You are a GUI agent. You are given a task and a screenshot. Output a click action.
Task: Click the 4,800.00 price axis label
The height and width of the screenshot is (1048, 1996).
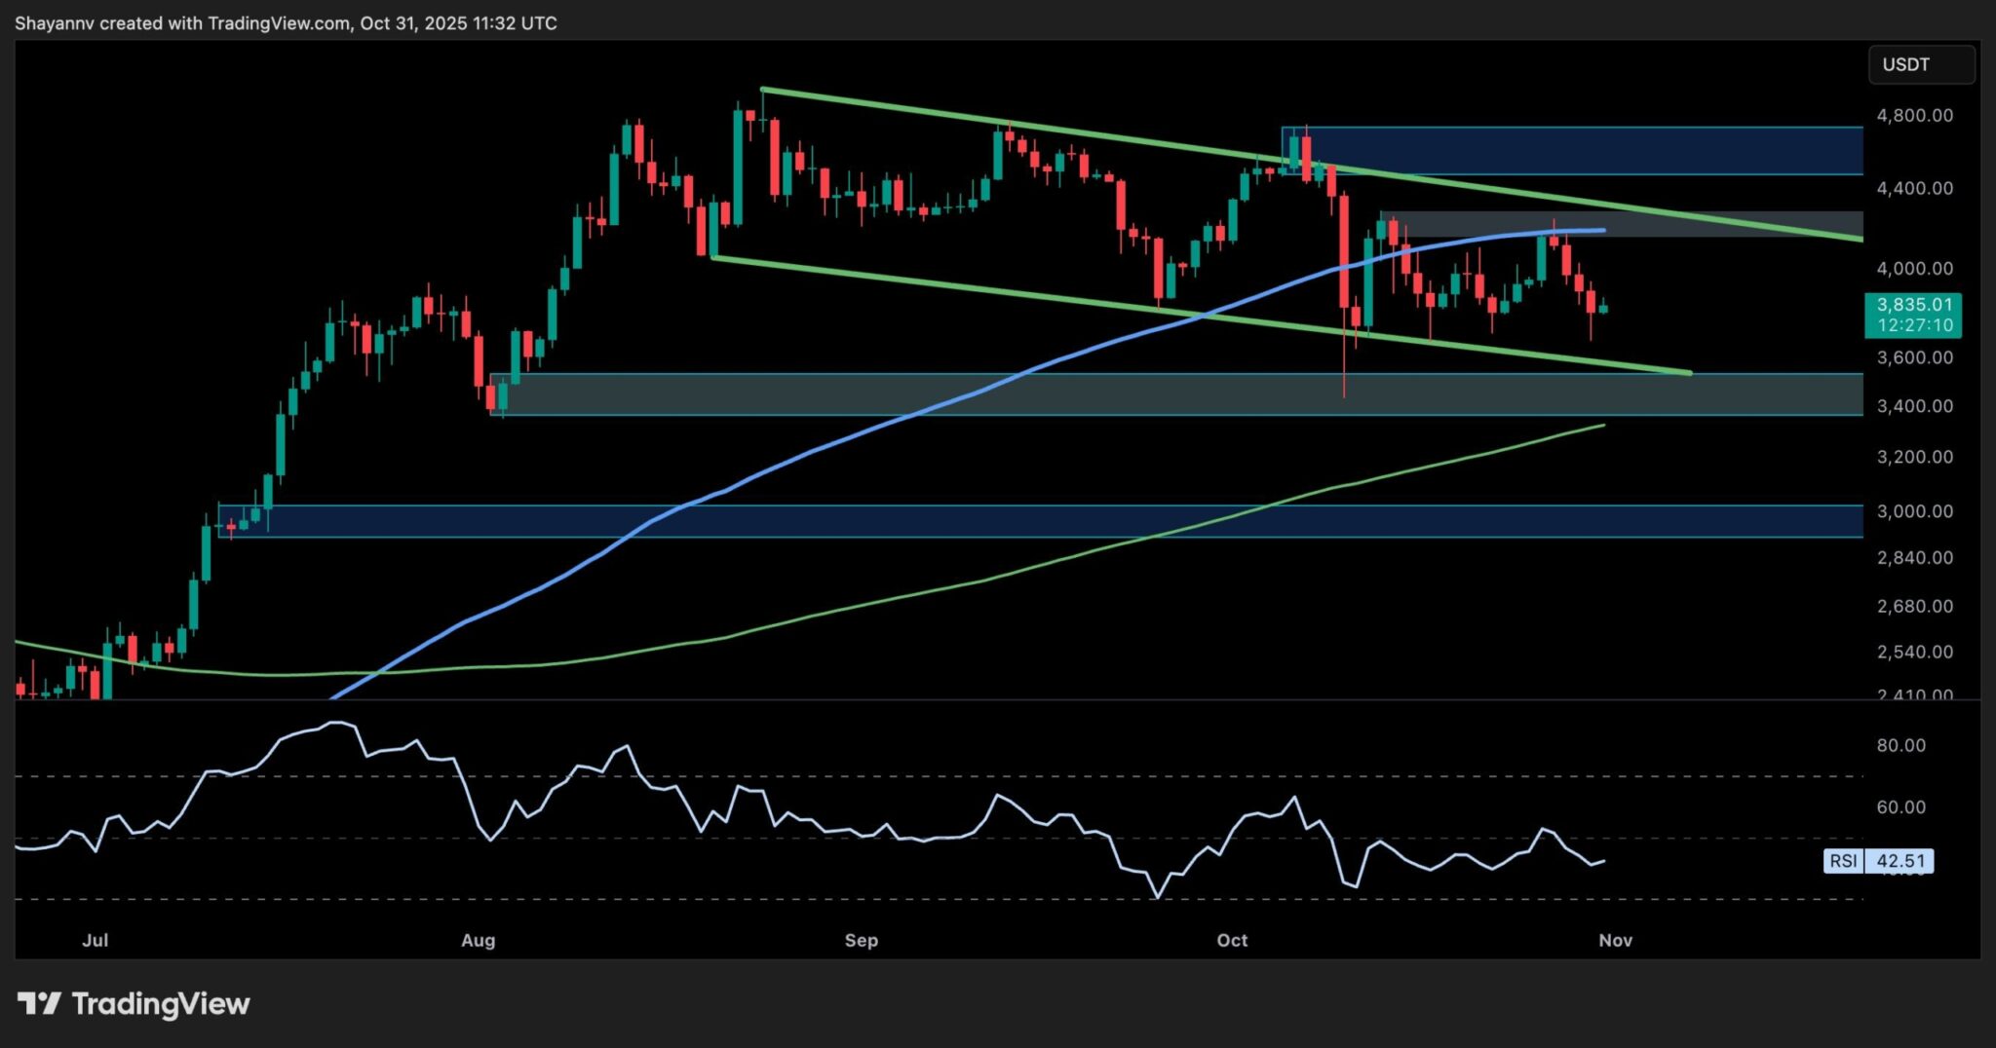tap(1914, 115)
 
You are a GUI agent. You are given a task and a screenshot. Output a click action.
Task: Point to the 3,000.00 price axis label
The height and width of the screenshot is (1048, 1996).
tap(1914, 511)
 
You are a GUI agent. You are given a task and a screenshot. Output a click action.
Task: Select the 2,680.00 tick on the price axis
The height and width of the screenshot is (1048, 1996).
tap(1914, 606)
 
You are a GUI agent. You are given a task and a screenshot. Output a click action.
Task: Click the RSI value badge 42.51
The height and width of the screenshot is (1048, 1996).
tap(1900, 861)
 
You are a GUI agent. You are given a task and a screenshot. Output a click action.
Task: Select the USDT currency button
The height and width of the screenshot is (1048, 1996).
tap(1920, 64)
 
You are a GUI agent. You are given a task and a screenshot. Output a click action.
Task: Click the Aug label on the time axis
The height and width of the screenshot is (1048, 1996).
tap(478, 940)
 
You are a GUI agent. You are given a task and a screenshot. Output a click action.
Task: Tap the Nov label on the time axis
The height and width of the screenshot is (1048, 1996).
tap(1615, 940)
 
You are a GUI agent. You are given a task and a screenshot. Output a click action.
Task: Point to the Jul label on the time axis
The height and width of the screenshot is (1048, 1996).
tap(95, 940)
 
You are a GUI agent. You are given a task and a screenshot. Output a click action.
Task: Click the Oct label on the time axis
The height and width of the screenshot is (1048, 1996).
tap(1232, 940)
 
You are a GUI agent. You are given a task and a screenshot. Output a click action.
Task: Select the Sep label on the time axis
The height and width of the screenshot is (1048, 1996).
tap(861, 940)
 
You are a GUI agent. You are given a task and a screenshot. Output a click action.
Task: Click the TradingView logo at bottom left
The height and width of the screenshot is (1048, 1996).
tap(134, 1003)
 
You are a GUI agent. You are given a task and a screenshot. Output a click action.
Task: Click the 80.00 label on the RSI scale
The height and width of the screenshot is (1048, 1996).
tap(1900, 745)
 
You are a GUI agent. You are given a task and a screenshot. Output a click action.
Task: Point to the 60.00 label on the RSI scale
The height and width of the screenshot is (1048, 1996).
tap(1900, 806)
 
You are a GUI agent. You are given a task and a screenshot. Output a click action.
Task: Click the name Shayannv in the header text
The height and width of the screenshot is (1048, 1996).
tap(55, 23)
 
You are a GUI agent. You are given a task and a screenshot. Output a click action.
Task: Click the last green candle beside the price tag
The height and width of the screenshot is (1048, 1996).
tap(1603, 309)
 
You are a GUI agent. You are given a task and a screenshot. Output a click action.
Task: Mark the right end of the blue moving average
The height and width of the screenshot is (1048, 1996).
tap(1603, 231)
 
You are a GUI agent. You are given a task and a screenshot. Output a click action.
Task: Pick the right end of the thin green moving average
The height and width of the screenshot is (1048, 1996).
tap(1603, 426)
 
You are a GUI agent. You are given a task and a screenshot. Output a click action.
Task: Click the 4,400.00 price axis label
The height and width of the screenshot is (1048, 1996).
tap(1914, 188)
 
